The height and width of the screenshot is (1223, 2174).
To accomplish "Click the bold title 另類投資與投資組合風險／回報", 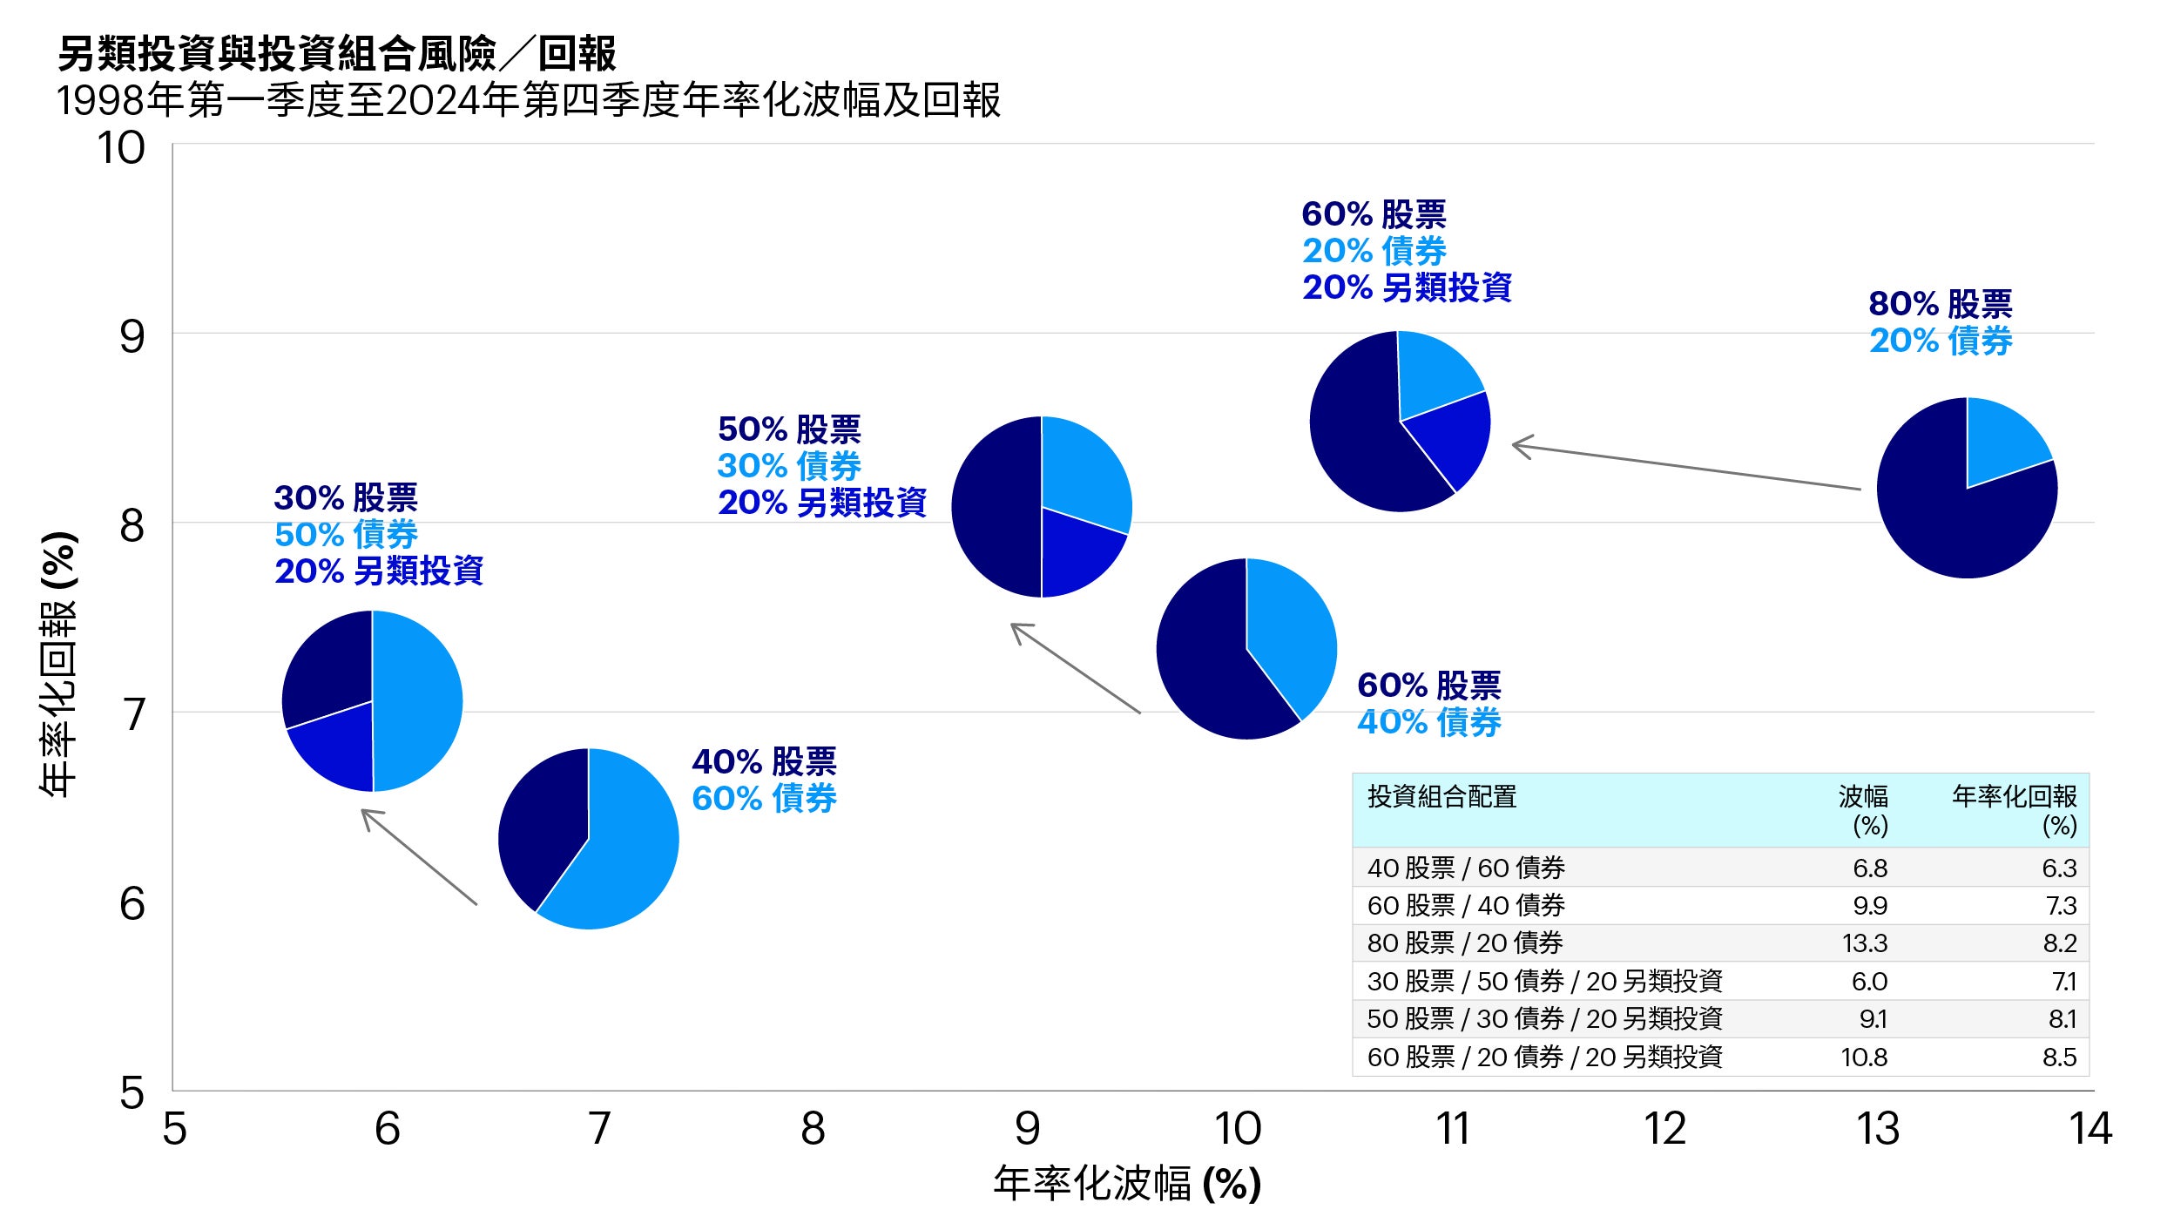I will tap(337, 54).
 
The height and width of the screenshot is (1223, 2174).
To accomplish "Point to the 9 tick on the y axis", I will tap(132, 337).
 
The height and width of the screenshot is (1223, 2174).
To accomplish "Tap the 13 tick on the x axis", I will tap(1877, 1129).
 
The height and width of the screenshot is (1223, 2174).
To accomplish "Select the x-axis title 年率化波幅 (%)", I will tap(1127, 1184).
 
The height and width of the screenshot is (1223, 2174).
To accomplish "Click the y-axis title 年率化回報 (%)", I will tap(58, 664).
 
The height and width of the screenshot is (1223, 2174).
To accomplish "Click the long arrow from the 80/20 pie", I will tap(1685, 467).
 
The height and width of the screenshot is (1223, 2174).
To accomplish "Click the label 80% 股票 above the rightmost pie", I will tap(1940, 304).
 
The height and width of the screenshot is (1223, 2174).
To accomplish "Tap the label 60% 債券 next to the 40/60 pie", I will tap(763, 798).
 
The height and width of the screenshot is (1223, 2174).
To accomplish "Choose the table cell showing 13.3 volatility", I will tap(1864, 943).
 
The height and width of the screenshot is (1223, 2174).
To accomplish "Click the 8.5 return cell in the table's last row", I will tap(2059, 1057).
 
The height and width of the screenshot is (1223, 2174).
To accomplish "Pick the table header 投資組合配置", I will tap(1441, 796).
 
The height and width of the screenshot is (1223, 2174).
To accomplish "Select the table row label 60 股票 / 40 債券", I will tap(1466, 906).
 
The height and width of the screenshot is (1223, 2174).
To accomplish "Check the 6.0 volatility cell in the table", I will tap(1869, 982).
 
